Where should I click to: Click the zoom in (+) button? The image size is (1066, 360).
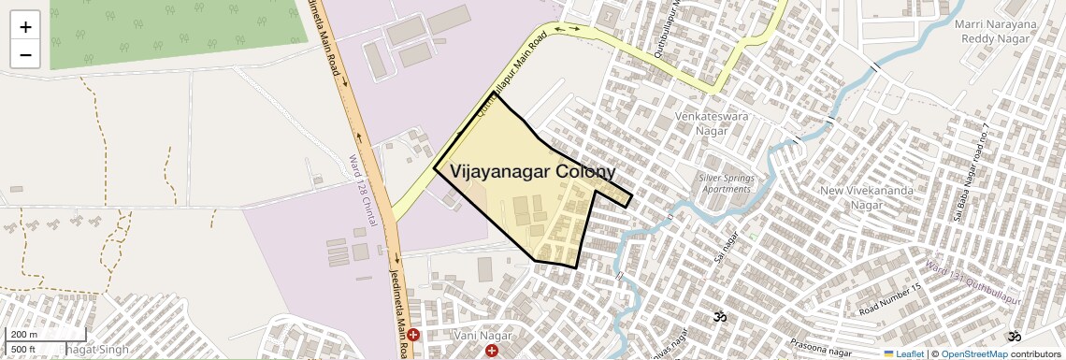[25, 27]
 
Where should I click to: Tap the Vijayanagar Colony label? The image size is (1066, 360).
[532, 172]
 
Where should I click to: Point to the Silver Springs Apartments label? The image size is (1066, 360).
[726, 182]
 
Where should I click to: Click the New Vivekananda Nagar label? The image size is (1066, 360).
[852, 197]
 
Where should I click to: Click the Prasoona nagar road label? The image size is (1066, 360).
[793, 347]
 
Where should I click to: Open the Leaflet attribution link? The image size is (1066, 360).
[903, 353]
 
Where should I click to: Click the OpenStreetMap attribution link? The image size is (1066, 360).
[973, 353]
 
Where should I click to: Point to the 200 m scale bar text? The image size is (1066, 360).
[24, 335]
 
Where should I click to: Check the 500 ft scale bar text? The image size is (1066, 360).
[24, 349]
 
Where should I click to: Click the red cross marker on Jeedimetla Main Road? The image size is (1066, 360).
[413, 334]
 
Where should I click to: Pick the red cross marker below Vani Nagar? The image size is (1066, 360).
[492, 351]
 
